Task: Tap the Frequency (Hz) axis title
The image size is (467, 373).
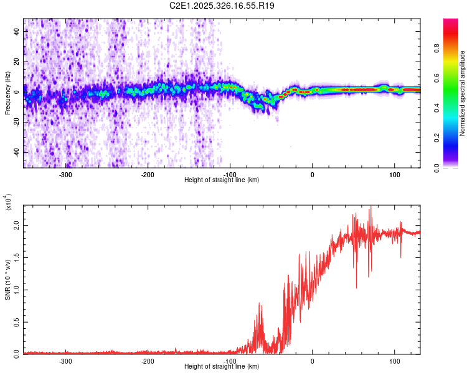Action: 7,94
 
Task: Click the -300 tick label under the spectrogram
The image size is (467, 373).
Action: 66,174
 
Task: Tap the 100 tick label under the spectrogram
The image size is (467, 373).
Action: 394,174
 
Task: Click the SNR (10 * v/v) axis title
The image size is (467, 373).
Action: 7,277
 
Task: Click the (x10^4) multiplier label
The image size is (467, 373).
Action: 9,203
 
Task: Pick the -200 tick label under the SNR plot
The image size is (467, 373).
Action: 148,361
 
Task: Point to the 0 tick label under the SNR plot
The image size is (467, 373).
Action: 313,361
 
